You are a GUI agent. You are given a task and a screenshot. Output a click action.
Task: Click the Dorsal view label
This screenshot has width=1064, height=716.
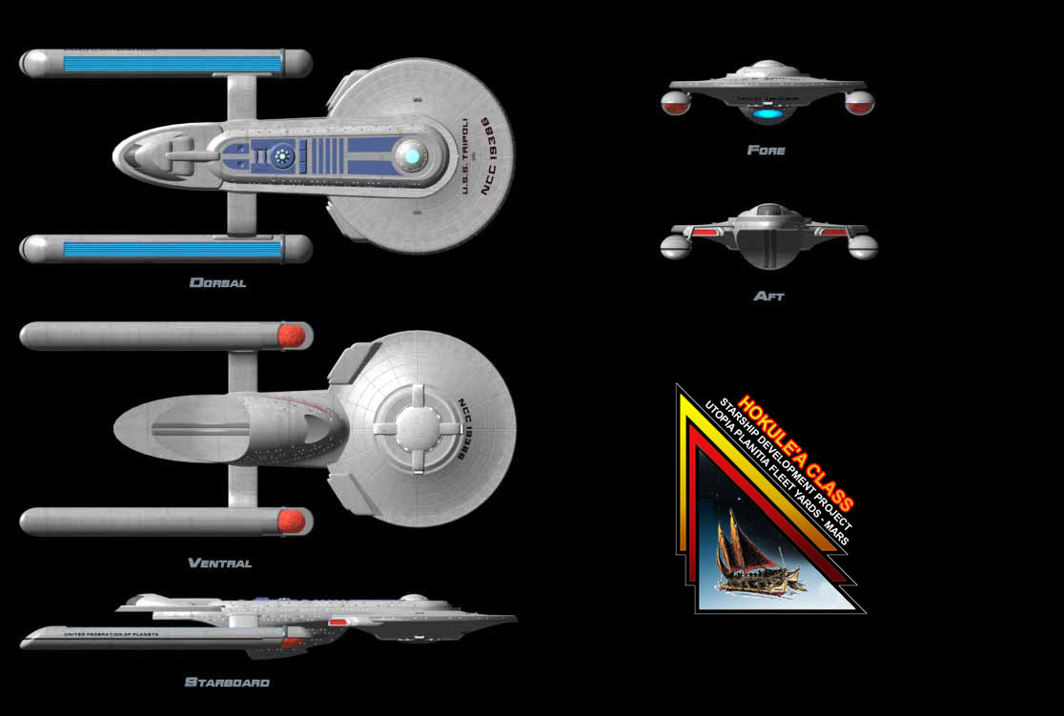pos(217,282)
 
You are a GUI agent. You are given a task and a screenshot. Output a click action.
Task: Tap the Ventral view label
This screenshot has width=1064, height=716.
pos(219,563)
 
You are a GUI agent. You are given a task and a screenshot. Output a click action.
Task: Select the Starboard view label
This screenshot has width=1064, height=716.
pos(227,683)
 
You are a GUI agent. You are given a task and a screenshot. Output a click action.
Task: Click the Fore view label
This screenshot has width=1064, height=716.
pos(767,150)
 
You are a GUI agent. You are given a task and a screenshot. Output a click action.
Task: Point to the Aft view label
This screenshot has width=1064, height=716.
pos(768,297)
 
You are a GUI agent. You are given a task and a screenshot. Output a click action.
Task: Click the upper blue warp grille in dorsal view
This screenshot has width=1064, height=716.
pos(172,64)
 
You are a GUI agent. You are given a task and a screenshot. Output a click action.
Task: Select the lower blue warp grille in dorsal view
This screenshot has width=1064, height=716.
pos(172,249)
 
